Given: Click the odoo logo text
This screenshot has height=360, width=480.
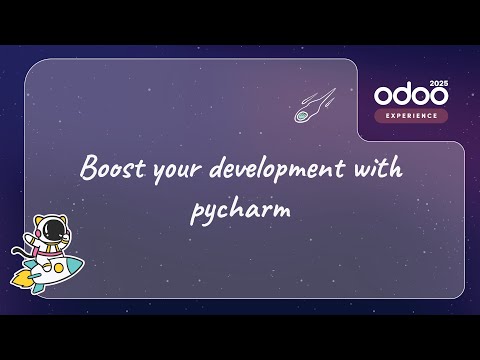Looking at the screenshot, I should coord(408,96).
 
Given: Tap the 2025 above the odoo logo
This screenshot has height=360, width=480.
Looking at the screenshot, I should coord(437,81).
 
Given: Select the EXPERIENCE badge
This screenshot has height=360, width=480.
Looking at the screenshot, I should coord(411,116).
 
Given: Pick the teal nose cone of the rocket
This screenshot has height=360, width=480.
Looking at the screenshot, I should coord(74,265).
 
